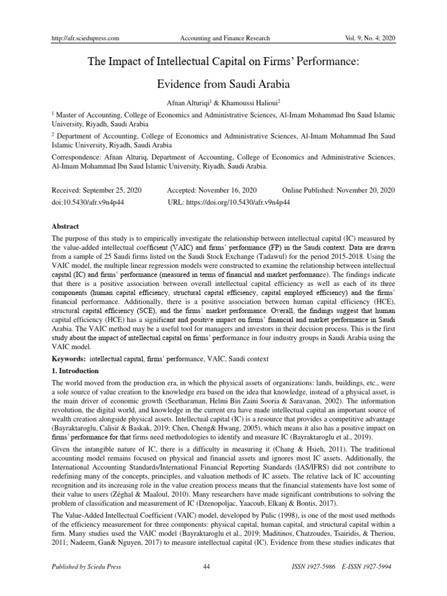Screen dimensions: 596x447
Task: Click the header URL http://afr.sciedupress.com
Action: coord(86,38)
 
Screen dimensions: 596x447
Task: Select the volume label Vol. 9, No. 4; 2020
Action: coord(366,38)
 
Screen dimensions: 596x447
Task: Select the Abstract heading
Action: coord(65,227)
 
